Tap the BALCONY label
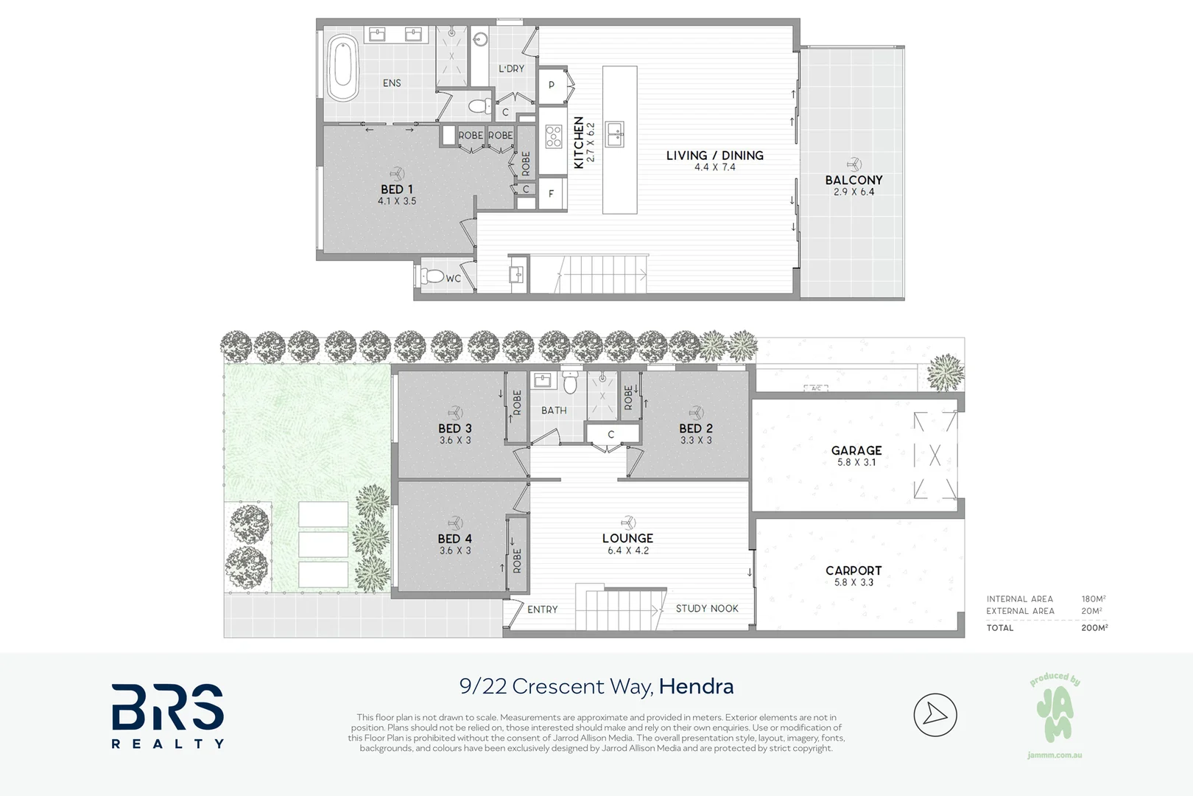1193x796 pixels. [x=854, y=181]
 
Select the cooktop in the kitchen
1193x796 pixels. [x=554, y=136]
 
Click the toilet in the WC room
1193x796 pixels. [x=432, y=276]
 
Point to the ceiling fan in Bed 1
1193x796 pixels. [x=397, y=174]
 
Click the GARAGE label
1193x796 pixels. [x=856, y=450]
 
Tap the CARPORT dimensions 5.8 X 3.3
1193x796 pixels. [x=854, y=582]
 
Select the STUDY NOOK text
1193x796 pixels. [x=707, y=608]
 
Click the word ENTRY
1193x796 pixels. [x=542, y=610]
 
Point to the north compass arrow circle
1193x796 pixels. [x=935, y=714]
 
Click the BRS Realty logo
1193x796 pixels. [x=168, y=716]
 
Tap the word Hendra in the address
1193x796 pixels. [x=696, y=686]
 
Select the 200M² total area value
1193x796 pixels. [x=1094, y=627]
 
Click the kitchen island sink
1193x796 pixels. [x=615, y=134]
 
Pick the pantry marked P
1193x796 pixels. [x=552, y=85]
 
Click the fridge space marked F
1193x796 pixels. [x=552, y=194]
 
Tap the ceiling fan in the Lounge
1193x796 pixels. [x=628, y=523]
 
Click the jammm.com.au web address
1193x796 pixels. [x=1055, y=755]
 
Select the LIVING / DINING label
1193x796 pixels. [x=715, y=156]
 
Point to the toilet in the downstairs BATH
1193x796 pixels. [x=570, y=380]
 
